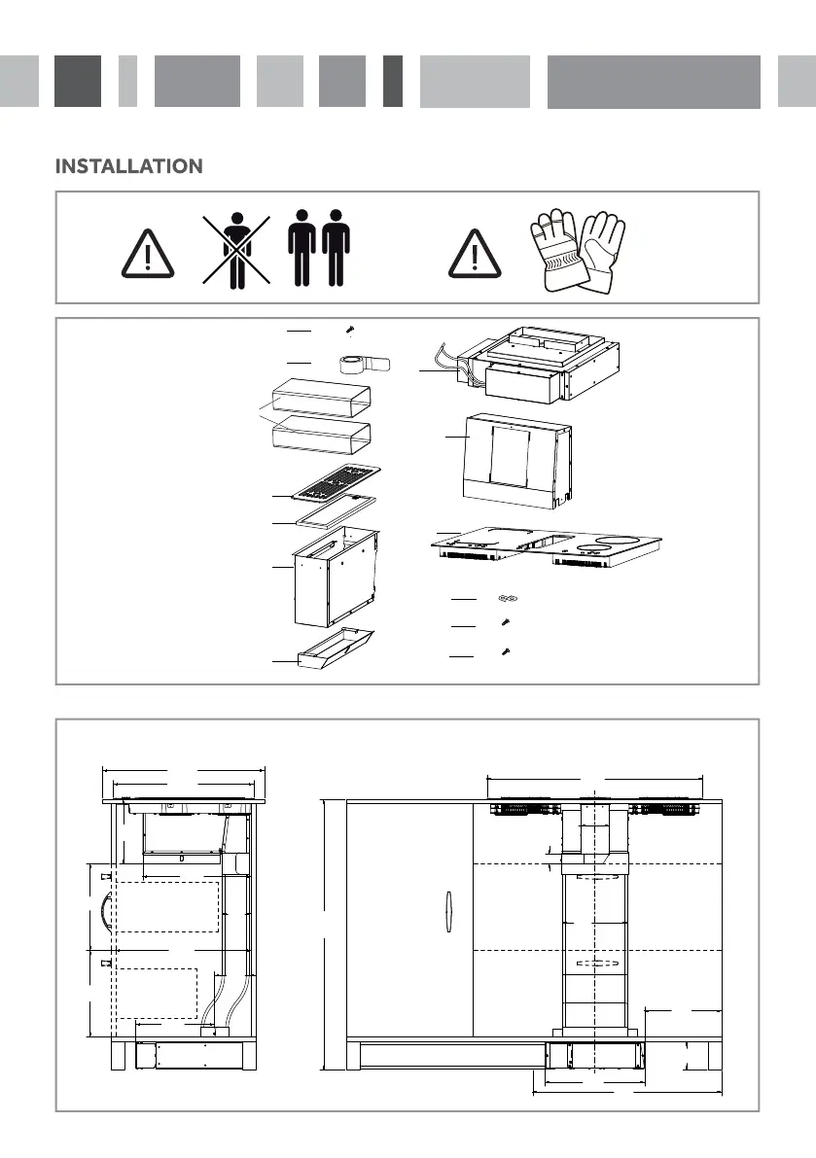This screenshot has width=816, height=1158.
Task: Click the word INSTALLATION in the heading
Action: pos(129,167)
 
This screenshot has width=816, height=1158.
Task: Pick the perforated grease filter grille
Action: pos(336,481)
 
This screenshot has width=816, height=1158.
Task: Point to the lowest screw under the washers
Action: pos(504,651)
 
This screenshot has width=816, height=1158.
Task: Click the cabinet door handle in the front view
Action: pos(446,913)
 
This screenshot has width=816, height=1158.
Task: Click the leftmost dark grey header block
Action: pos(78,81)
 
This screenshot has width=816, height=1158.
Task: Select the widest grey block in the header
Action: pos(654,81)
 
